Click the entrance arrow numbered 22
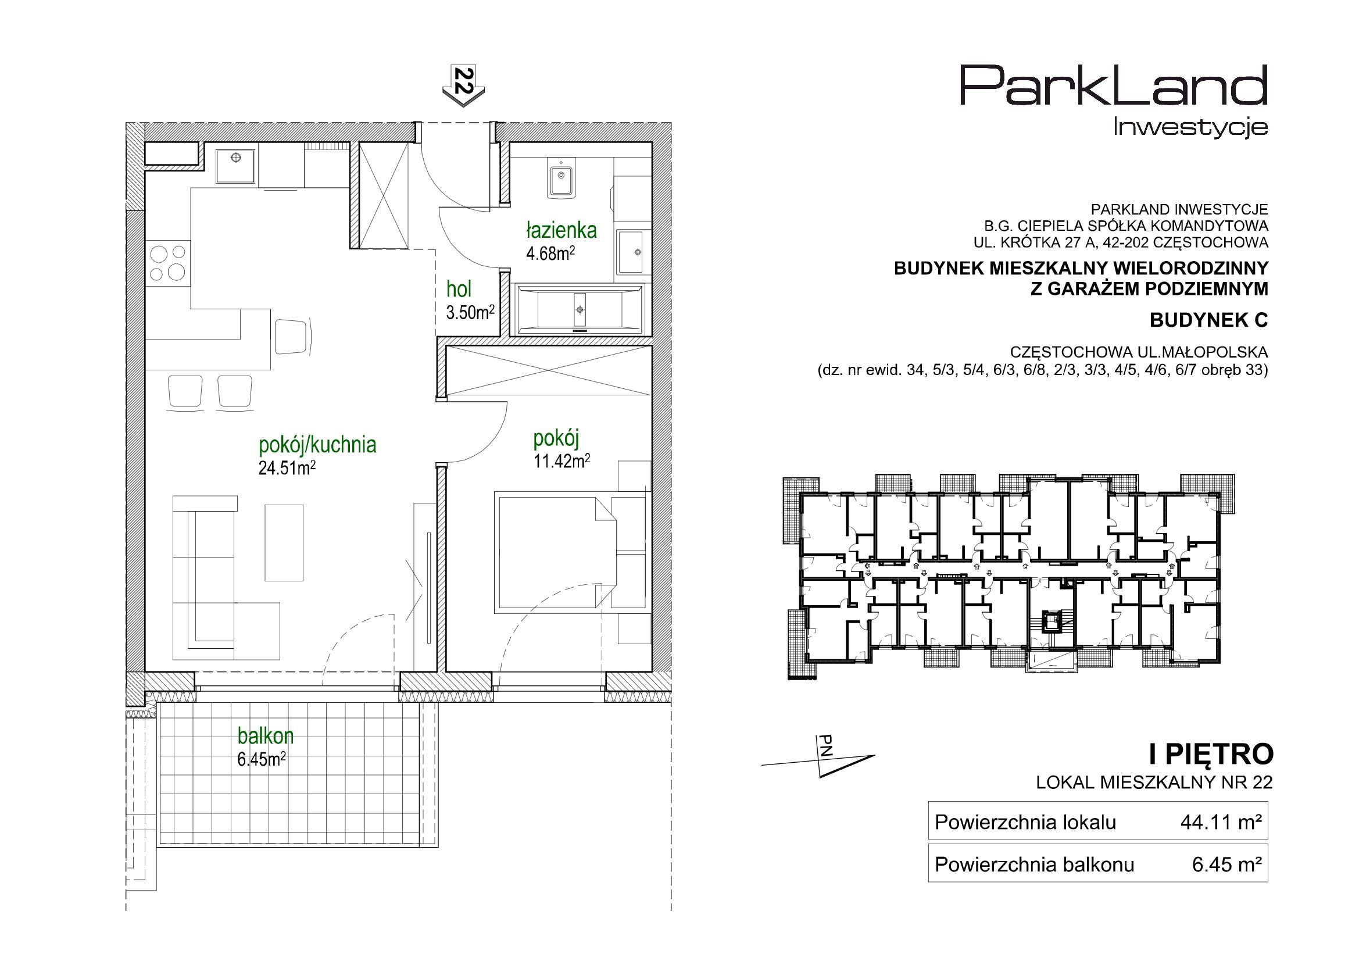[x=463, y=86]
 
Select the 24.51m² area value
[x=287, y=469]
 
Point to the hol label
[x=459, y=290]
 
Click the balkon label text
[x=266, y=736]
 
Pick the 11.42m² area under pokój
[x=562, y=461]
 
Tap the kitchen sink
[x=236, y=166]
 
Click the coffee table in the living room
[x=284, y=542]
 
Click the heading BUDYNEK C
[x=1208, y=320]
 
